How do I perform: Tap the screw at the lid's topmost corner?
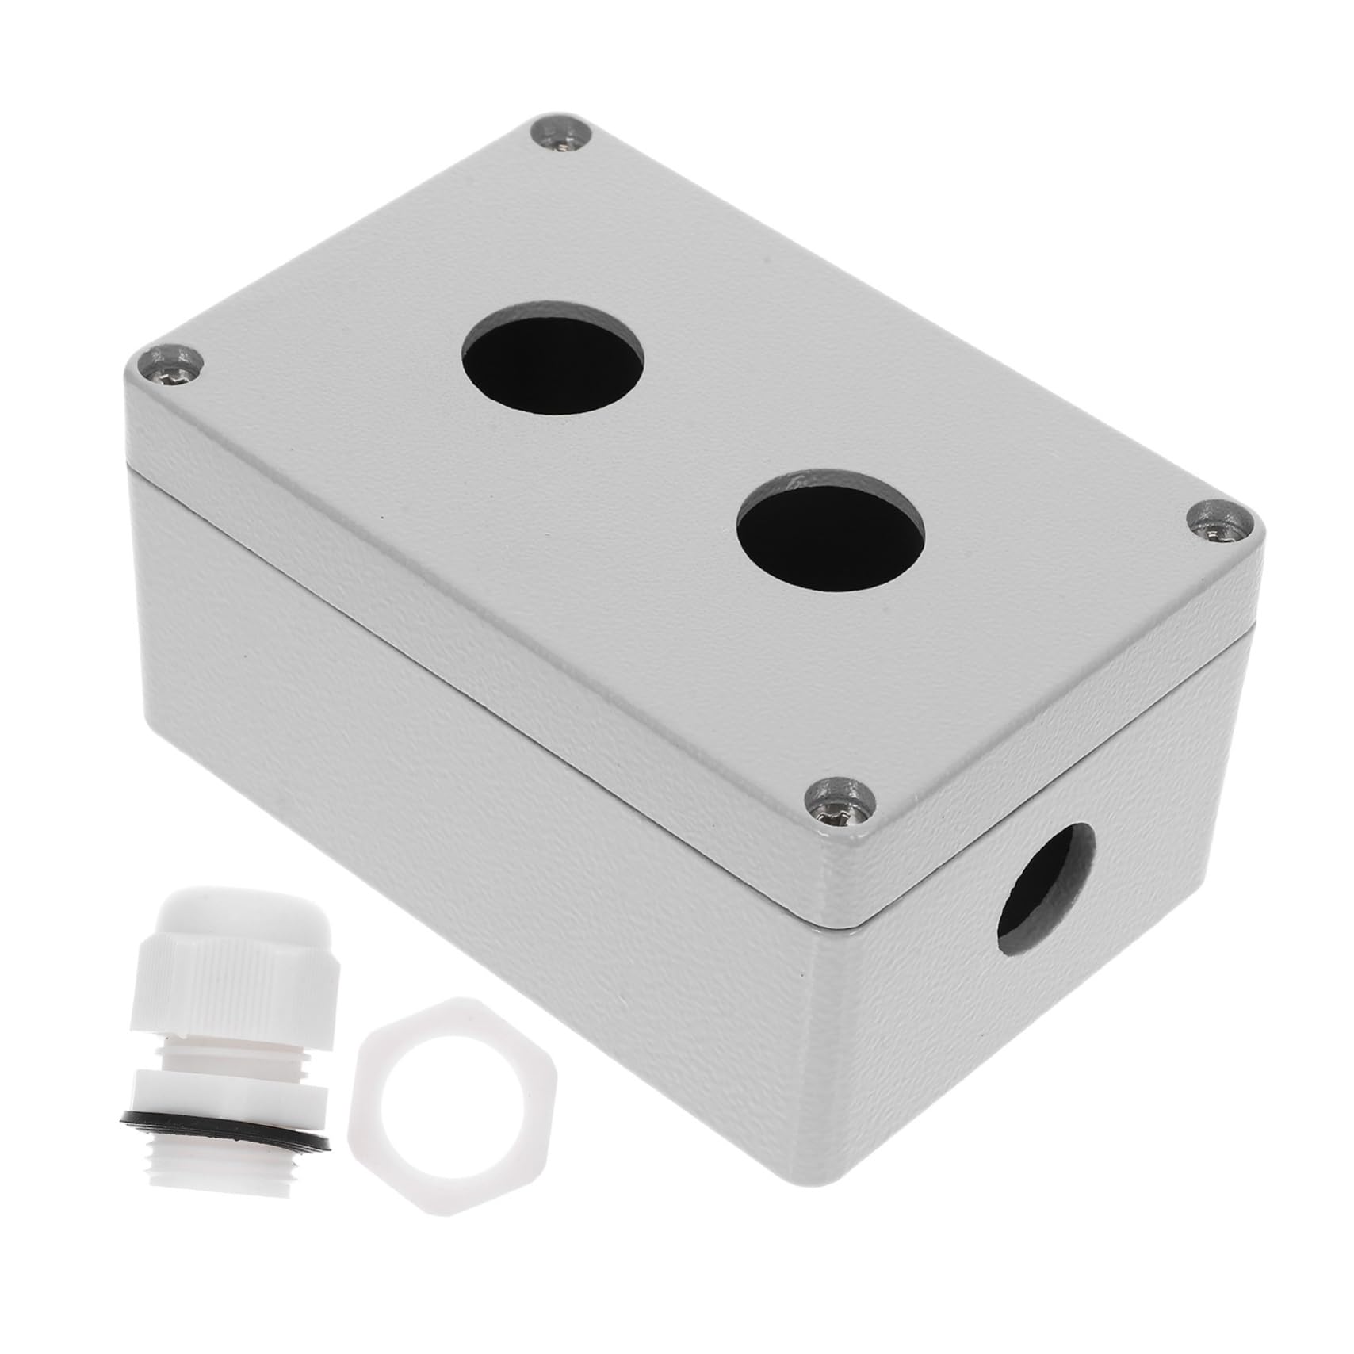click(564, 133)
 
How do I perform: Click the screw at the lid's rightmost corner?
click(1222, 522)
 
